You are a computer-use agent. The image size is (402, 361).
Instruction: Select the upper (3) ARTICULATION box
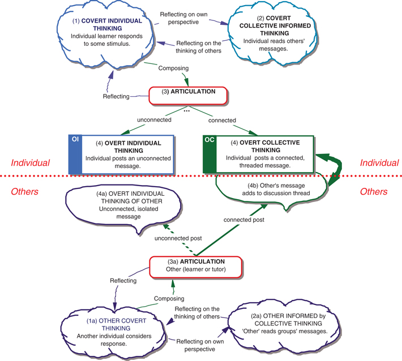pyautogui.click(x=187, y=96)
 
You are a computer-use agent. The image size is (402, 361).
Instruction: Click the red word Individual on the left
pyautogui.click(x=31, y=163)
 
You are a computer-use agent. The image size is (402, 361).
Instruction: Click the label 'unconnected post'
pyautogui.click(x=178, y=238)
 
